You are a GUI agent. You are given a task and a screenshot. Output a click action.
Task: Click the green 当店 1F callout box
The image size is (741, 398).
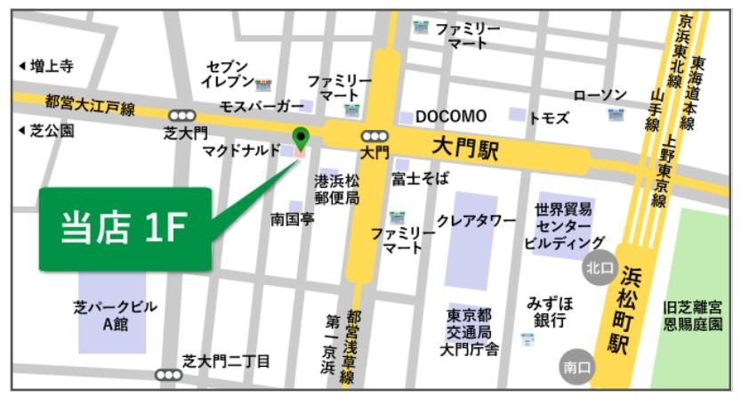coord(125,229)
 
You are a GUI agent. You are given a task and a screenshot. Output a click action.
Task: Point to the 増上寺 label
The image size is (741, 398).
coord(45,66)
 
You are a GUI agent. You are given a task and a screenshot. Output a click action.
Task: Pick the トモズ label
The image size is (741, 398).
coord(549,118)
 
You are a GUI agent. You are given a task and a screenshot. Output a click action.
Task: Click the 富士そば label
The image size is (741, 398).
coord(420,179)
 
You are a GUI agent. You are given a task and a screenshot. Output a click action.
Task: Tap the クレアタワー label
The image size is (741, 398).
coord(476,220)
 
